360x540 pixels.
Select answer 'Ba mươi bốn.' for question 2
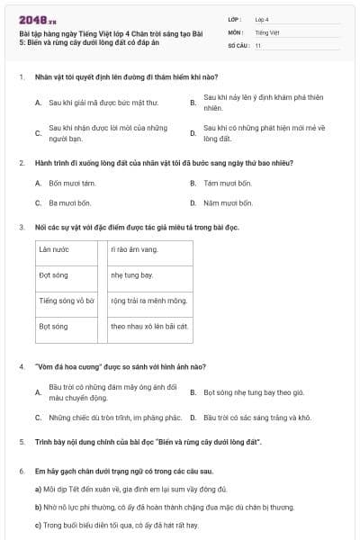pos(68,202)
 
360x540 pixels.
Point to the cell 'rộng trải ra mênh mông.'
pos(148,301)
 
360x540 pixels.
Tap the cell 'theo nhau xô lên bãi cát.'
pos(149,327)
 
